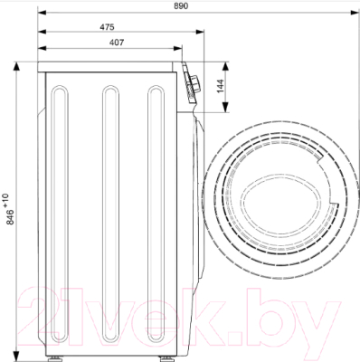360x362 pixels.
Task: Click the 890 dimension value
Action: click(181, 5)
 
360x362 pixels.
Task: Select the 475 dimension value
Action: click(108, 27)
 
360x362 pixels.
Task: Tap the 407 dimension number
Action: click(117, 43)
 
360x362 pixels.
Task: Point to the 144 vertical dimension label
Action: click(221, 86)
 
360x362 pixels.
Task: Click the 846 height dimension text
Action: click(10, 217)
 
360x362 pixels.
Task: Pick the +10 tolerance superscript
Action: click(6, 201)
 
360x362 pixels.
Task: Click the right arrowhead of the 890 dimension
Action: click(355, 13)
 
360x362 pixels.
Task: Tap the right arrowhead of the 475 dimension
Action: click(200, 32)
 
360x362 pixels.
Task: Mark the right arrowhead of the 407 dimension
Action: click(178, 48)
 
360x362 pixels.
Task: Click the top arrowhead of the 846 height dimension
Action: click(16, 66)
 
